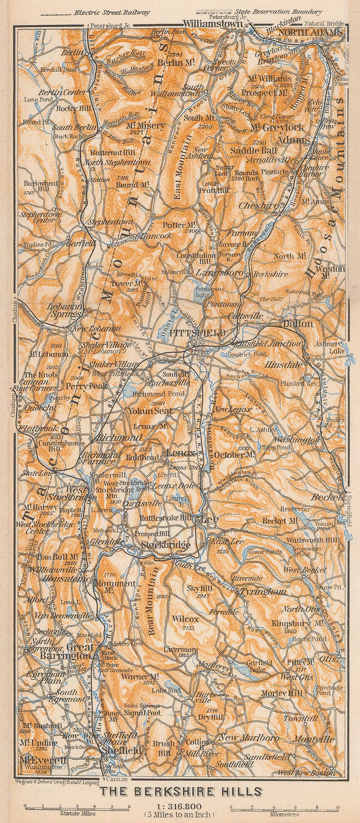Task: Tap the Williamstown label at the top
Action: click(213, 24)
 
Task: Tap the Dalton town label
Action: click(296, 324)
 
